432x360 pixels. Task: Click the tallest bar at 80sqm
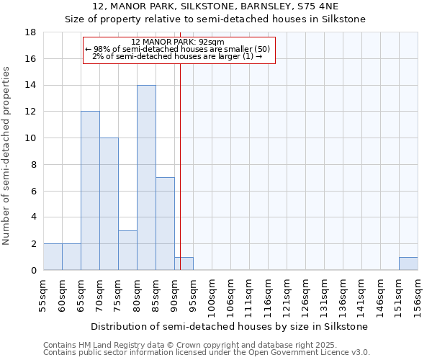(146, 178)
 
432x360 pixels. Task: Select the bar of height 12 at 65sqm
(90, 191)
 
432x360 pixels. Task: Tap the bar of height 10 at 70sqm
(109, 204)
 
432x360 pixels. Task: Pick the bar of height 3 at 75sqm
(127, 251)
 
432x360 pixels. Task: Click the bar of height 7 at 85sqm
(165, 224)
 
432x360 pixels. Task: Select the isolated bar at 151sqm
(408, 264)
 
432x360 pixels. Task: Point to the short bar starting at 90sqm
(184, 264)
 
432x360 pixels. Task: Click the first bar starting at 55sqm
(53, 257)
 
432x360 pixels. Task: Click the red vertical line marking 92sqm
(180, 166)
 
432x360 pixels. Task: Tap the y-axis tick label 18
(31, 32)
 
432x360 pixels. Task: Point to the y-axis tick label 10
(31, 138)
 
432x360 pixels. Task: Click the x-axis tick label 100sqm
(212, 295)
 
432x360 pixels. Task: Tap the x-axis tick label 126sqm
(305, 295)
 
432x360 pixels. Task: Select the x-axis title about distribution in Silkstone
(230, 326)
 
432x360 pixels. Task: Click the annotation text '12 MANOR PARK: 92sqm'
(179, 42)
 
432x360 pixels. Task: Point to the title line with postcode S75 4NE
(215, 6)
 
